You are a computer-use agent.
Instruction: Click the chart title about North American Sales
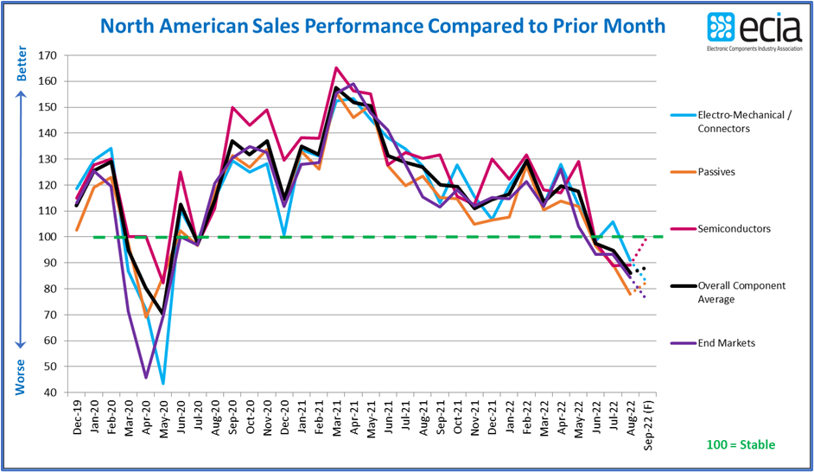point(383,25)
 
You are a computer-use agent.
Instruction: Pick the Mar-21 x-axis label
point(335,419)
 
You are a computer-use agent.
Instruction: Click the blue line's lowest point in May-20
point(162,383)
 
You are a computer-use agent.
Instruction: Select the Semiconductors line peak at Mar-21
point(335,67)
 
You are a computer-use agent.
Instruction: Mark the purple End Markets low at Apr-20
point(146,377)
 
